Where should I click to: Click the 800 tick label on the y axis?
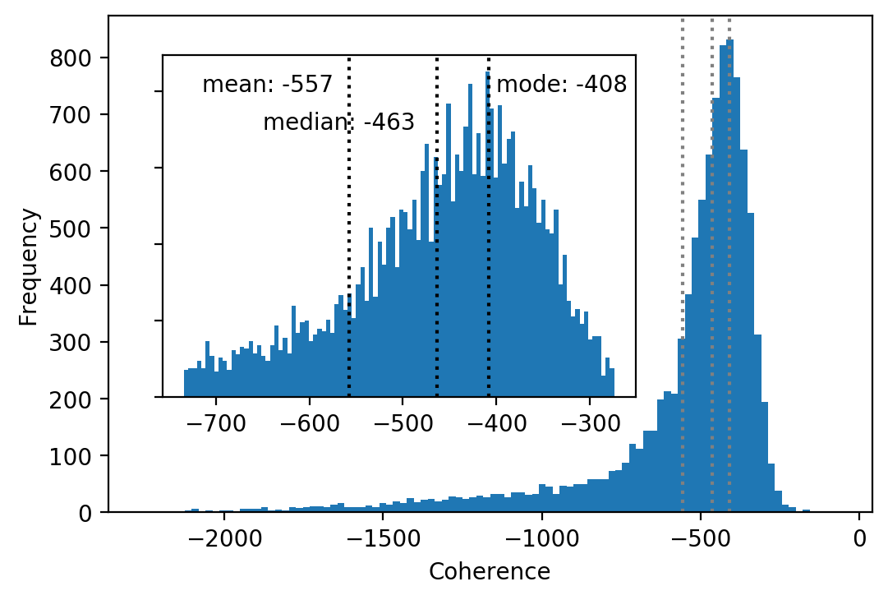click(x=71, y=58)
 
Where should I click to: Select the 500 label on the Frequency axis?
click(x=71, y=228)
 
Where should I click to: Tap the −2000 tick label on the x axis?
click(x=225, y=538)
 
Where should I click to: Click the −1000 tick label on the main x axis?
click(x=542, y=538)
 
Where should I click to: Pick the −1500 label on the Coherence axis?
click(x=384, y=538)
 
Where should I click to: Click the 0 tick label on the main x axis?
click(x=860, y=538)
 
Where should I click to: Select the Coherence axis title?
click(x=490, y=572)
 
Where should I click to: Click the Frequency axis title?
click(x=28, y=268)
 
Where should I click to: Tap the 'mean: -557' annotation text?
click(x=267, y=85)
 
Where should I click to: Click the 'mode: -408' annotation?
click(x=562, y=85)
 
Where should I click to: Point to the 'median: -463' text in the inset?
click(x=338, y=122)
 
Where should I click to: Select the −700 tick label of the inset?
click(x=216, y=423)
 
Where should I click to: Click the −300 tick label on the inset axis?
click(x=590, y=423)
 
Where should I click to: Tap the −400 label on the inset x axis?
click(x=497, y=423)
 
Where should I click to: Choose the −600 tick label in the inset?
click(x=310, y=423)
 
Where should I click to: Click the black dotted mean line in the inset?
click(x=349, y=226)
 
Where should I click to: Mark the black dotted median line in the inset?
click(x=437, y=226)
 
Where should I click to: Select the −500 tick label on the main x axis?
click(x=701, y=538)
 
